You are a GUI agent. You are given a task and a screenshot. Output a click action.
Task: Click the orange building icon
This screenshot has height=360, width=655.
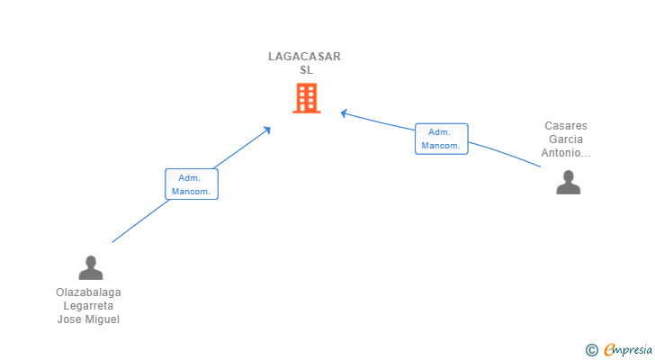point(307,98)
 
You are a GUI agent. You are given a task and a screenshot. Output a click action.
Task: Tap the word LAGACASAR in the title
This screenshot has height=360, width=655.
point(304,57)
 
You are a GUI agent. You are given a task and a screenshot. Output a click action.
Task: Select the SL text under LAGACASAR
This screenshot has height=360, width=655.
point(306,70)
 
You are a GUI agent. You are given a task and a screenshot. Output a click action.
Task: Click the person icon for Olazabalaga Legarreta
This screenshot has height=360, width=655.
point(91,267)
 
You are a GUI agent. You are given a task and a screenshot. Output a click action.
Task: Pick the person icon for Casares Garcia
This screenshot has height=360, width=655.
point(568,182)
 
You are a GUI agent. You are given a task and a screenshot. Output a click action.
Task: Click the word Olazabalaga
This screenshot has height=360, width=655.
point(88,292)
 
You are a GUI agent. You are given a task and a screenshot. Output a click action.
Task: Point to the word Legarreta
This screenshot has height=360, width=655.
point(88,306)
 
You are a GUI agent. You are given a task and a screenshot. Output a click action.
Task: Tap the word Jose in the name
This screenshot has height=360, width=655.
point(69,319)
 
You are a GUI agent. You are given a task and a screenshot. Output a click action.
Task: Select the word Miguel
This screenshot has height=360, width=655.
point(103,319)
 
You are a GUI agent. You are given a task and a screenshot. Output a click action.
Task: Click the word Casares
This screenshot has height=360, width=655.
point(566,126)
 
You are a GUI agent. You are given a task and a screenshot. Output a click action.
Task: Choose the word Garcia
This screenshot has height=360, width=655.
point(566,139)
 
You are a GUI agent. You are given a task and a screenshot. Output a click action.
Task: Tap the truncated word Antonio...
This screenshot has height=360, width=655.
point(566,153)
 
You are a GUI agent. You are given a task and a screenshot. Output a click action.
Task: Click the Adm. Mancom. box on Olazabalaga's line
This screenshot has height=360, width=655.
point(192,184)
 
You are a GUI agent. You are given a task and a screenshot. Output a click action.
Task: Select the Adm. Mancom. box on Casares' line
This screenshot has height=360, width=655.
point(442,139)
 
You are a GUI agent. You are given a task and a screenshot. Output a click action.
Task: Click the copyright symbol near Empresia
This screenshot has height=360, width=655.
point(591,350)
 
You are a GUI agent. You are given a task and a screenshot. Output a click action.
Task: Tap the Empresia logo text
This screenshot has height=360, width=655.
point(628,350)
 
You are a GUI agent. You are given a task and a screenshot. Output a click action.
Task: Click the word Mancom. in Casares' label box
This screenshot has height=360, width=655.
point(441,146)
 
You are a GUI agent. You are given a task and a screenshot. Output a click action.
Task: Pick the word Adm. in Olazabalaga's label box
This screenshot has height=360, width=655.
point(189,178)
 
